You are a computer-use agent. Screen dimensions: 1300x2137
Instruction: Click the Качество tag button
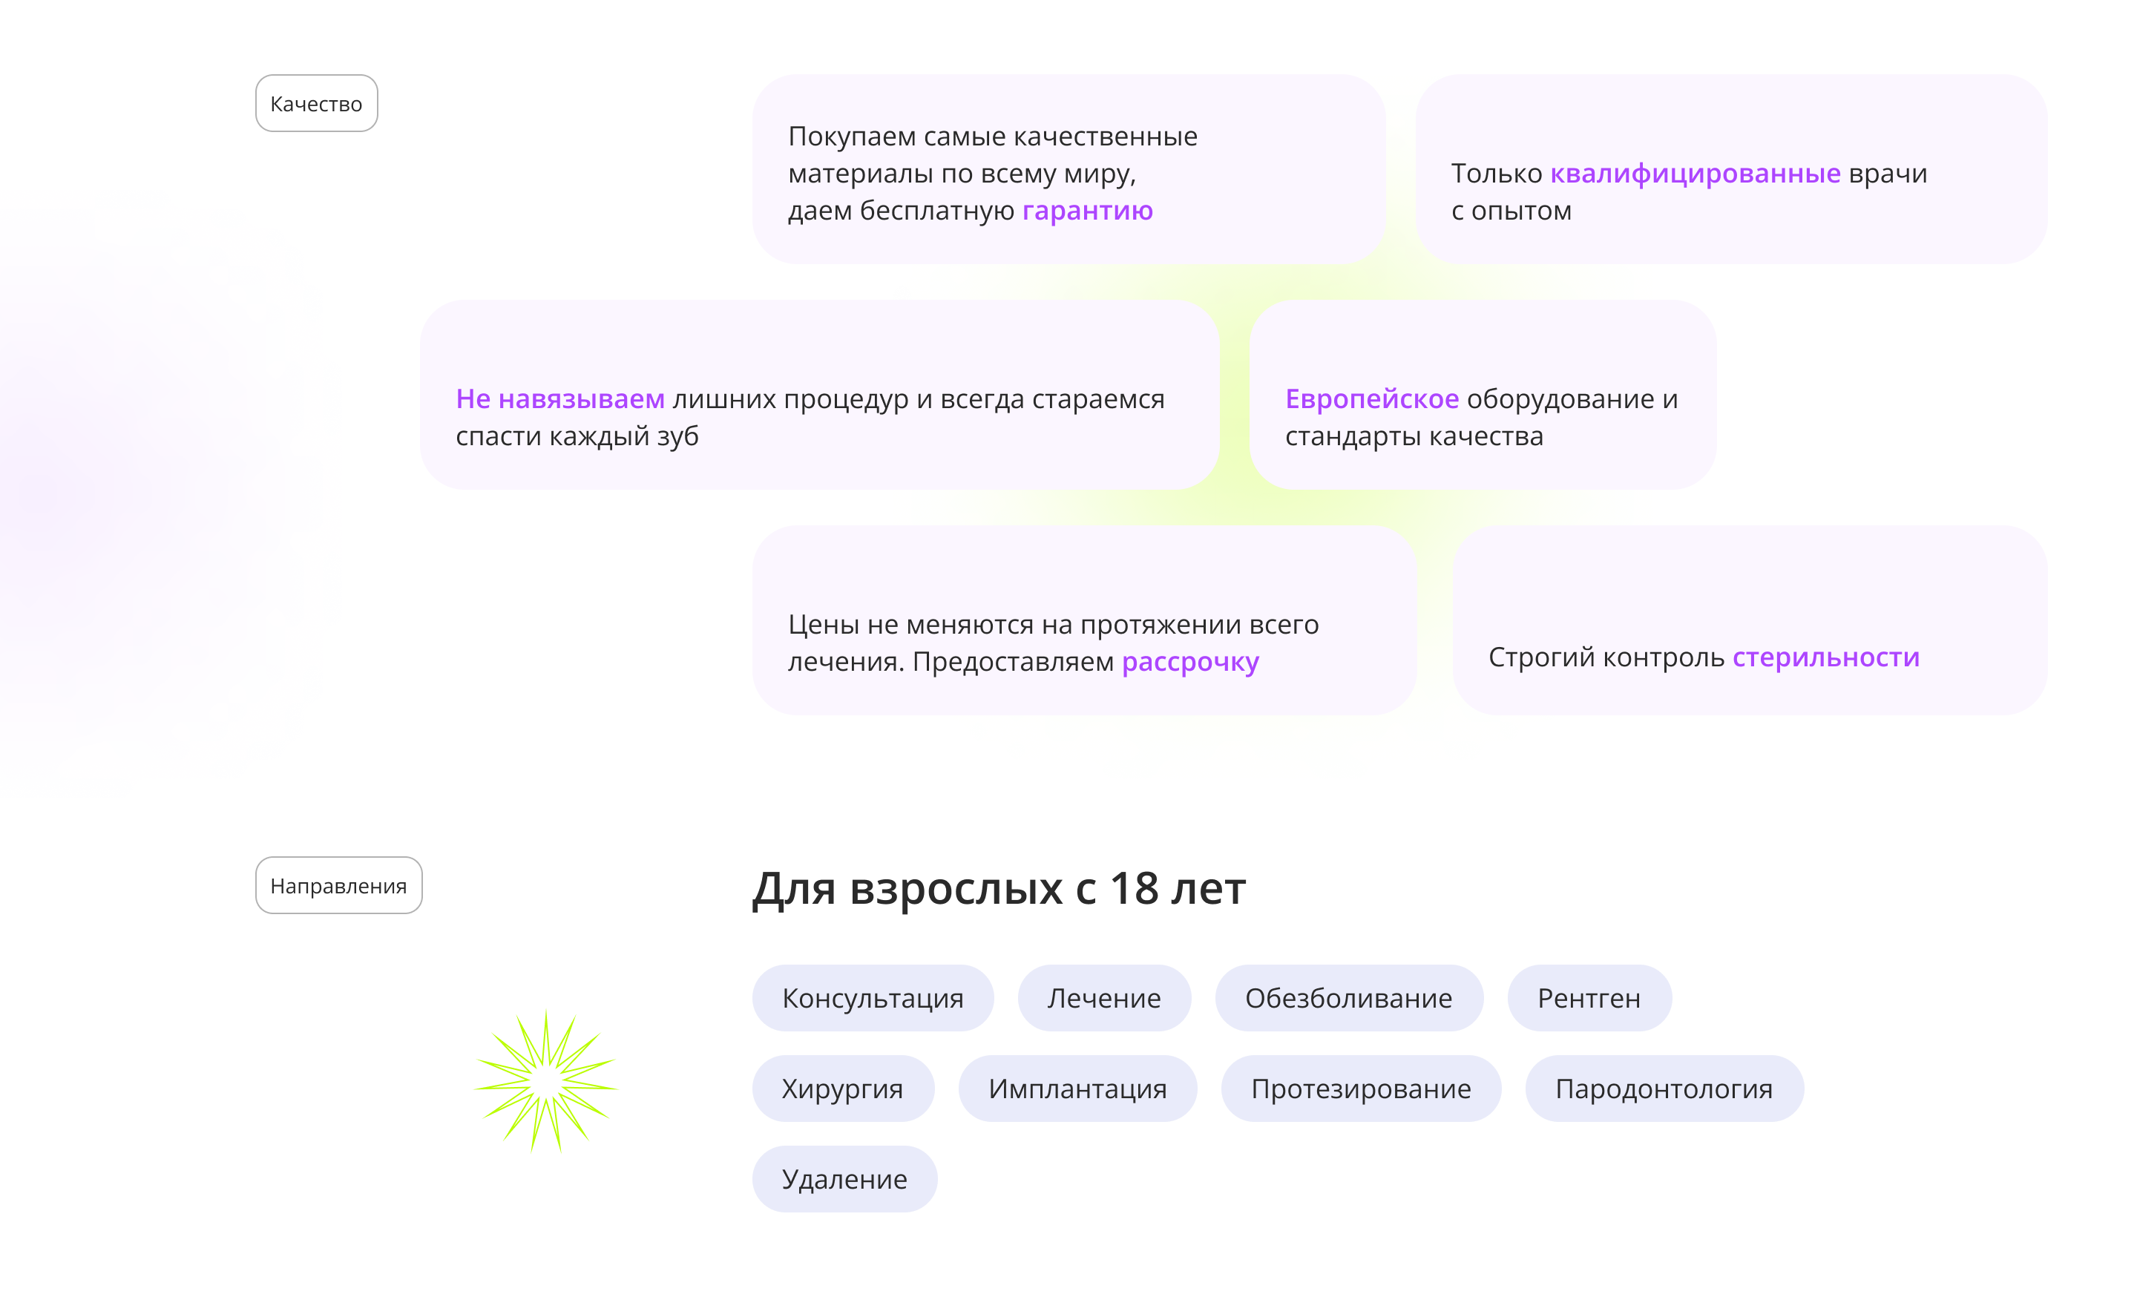(317, 104)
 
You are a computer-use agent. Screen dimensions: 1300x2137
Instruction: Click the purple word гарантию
(1087, 211)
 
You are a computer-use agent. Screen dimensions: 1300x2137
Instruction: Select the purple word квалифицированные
(1695, 174)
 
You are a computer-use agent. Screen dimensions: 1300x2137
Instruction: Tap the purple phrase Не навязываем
(560, 399)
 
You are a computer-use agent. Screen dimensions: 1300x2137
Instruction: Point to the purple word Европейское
(1371, 399)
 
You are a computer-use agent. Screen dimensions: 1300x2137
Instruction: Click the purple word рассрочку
(1190, 662)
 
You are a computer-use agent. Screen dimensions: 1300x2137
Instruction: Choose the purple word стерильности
(1825, 657)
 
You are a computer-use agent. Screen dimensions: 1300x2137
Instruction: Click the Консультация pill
(873, 998)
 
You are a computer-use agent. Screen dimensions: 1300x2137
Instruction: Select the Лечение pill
(1104, 998)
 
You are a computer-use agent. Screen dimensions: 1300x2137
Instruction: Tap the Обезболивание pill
(1349, 998)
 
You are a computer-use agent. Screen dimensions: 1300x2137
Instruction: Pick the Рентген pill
(1589, 998)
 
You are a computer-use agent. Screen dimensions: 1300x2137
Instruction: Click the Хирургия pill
(842, 1089)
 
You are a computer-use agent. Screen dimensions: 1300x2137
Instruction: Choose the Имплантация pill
(1077, 1089)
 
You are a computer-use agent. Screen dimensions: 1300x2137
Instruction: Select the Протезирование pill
(1361, 1089)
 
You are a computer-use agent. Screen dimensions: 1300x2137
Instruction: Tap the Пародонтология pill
(1664, 1089)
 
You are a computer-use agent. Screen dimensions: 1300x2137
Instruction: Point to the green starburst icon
(546, 1081)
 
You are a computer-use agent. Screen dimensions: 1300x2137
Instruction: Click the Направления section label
(338, 886)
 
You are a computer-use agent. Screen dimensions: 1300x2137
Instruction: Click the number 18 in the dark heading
(1134, 889)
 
